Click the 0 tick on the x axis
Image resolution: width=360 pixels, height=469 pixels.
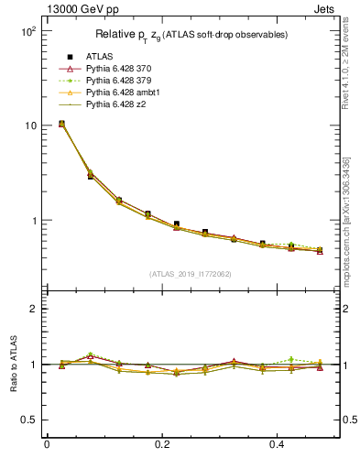[47, 444]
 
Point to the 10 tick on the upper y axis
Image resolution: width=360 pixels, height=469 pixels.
[30, 125]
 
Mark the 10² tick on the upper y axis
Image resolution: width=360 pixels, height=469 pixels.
[28, 31]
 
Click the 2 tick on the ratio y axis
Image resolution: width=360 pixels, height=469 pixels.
[33, 309]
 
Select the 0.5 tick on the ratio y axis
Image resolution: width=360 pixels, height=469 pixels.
[28, 420]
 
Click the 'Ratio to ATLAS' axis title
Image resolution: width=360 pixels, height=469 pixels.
[12, 364]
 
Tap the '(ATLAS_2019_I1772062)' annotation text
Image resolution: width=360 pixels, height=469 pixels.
[191, 274]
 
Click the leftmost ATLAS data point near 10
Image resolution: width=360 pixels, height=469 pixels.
[61, 123]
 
